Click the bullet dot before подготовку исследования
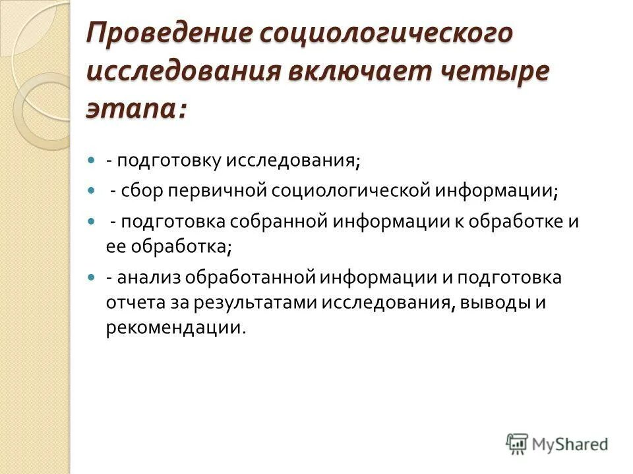click(x=92, y=160)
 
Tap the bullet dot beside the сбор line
click(x=92, y=190)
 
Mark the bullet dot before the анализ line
click(x=92, y=278)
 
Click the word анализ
click(x=148, y=278)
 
